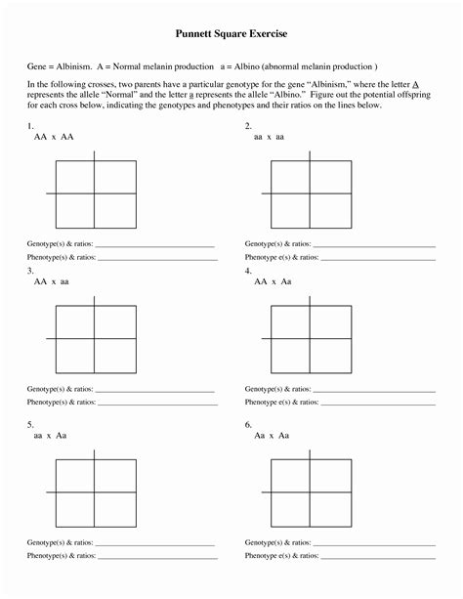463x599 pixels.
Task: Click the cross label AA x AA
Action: pos(54,138)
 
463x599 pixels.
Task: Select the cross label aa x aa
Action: pos(270,138)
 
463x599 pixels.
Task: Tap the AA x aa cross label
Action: pos(52,281)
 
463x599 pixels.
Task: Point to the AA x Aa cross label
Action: pos(273,281)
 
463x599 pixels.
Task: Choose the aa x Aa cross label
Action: pos(51,436)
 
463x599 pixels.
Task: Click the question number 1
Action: pos(31,126)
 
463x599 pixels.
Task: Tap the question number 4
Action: pos(249,270)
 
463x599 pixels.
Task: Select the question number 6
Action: pos(249,424)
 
